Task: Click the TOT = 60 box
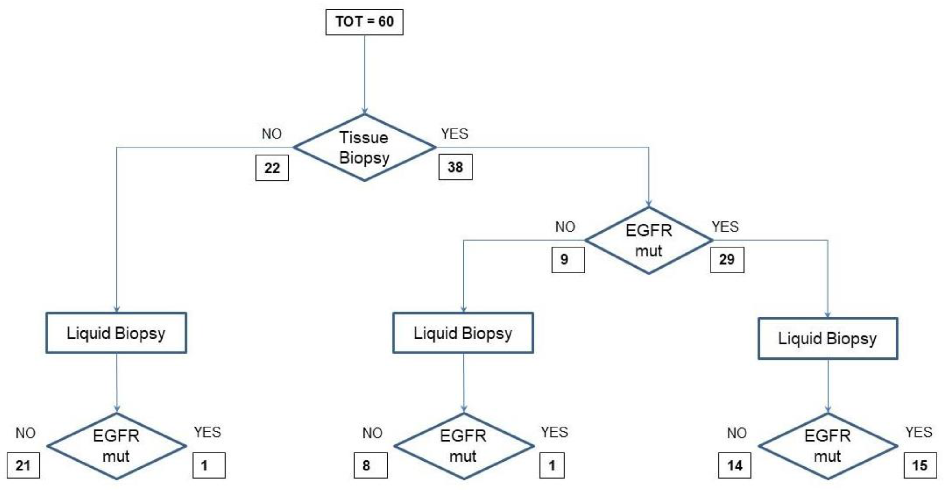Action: tap(364, 22)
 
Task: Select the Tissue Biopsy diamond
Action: tap(364, 147)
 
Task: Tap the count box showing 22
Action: tap(272, 168)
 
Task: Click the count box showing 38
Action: tap(455, 167)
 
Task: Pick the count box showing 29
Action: tap(727, 260)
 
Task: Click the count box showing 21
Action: tap(23, 466)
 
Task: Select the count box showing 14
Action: tap(734, 466)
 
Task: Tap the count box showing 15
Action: tap(920, 466)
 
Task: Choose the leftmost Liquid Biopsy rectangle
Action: tap(116, 333)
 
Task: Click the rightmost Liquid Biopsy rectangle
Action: tap(828, 338)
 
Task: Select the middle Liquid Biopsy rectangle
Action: tap(463, 333)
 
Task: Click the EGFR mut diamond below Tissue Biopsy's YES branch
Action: tap(649, 240)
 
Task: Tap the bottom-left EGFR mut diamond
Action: tap(116, 446)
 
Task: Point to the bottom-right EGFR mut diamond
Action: tap(828, 446)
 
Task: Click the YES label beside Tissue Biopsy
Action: tap(455, 134)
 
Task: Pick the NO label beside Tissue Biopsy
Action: tap(272, 134)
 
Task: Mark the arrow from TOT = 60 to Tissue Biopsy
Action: tap(364, 73)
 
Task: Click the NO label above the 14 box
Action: tap(737, 433)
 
